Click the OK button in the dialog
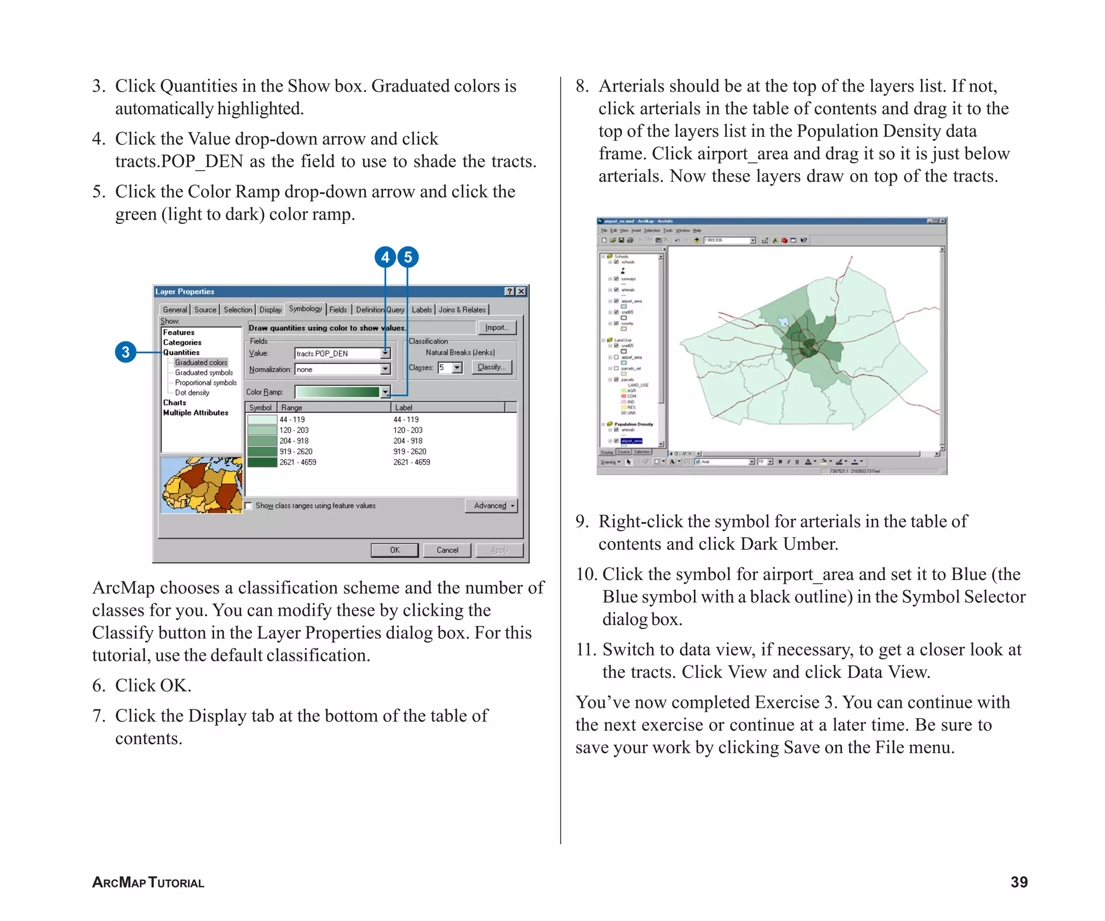[x=394, y=550]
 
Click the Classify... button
[x=491, y=367]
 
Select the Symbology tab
[x=305, y=309]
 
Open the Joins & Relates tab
[x=462, y=310]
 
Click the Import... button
[x=496, y=328]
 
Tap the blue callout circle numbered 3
[x=126, y=352]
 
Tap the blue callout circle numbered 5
[x=408, y=257]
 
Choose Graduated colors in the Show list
[x=201, y=363]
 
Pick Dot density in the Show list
[x=192, y=393]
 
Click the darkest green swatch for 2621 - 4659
[x=262, y=462]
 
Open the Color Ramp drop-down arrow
[x=385, y=392]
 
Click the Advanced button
[x=491, y=506]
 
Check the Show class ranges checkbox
[x=249, y=506]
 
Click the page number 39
[x=1019, y=882]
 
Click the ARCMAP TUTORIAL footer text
[x=148, y=883]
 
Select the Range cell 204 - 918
[x=294, y=441]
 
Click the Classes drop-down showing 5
[x=456, y=367]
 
